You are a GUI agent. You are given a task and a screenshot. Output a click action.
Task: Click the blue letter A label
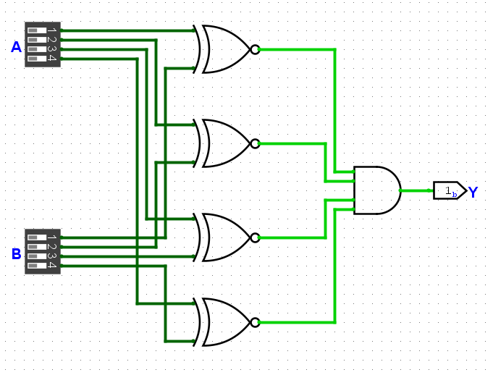(x=16, y=47)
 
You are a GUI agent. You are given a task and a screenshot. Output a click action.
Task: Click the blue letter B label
(x=17, y=254)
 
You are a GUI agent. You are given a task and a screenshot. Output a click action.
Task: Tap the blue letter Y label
(x=473, y=192)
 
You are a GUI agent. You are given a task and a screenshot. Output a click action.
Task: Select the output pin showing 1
(x=450, y=190)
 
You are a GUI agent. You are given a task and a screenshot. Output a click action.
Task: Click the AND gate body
(x=377, y=190)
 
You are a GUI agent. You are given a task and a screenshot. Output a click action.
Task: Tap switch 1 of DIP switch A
(x=37, y=30)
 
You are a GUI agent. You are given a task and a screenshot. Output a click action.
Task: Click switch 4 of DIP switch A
(x=37, y=59)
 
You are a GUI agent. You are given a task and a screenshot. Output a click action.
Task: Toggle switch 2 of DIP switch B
(x=37, y=247)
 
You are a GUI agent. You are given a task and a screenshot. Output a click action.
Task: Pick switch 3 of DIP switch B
(x=37, y=256)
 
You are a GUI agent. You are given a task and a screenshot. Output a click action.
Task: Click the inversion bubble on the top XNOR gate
(x=256, y=49)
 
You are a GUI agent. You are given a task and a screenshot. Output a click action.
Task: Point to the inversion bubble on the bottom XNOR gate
(x=256, y=322)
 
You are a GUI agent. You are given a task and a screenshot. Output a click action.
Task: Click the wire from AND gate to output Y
(x=416, y=190)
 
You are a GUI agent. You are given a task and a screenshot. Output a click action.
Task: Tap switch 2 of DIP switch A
(x=37, y=40)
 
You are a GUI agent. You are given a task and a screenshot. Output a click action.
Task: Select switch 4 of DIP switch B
(x=37, y=266)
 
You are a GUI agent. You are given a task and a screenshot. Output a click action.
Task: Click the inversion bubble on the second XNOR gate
(x=256, y=143)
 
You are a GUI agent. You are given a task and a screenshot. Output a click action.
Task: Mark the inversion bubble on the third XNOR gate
(x=256, y=237)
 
